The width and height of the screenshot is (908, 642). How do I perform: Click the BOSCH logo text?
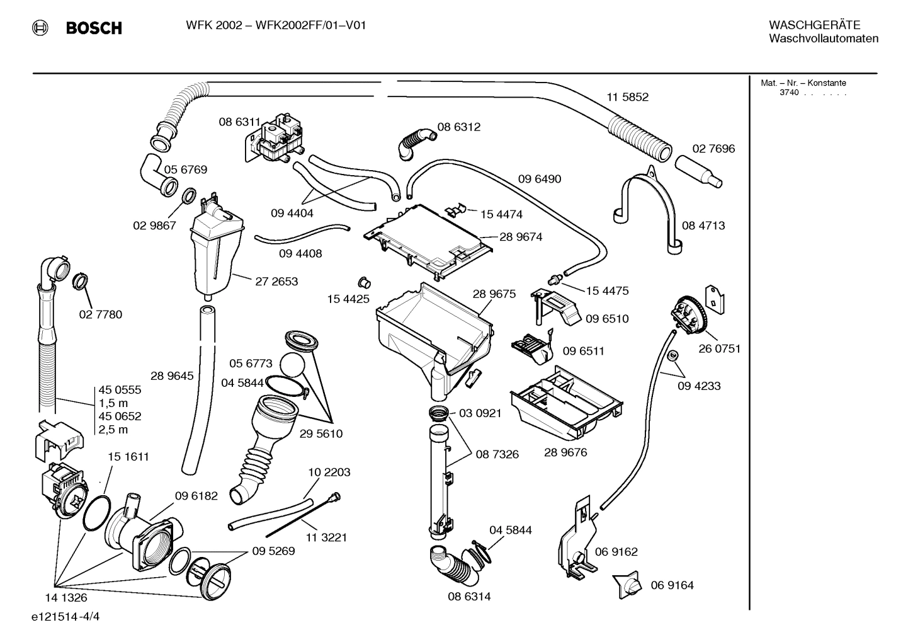(93, 28)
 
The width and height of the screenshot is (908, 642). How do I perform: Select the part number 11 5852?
(627, 97)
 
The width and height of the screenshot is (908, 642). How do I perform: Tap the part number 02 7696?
(713, 149)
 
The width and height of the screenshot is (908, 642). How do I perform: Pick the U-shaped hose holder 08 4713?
(649, 205)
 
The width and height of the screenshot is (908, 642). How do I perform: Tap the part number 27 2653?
(276, 282)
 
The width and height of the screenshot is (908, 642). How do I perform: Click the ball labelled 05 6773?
(292, 365)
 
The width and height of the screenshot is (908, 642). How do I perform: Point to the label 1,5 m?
(113, 403)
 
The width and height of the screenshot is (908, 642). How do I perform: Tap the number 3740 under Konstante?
(788, 93)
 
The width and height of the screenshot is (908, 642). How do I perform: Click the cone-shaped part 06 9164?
(627, 585)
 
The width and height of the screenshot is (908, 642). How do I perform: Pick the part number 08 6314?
(469, 596)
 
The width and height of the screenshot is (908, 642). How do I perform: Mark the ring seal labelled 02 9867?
(188, 198)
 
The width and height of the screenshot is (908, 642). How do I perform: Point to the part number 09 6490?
(539, 179)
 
